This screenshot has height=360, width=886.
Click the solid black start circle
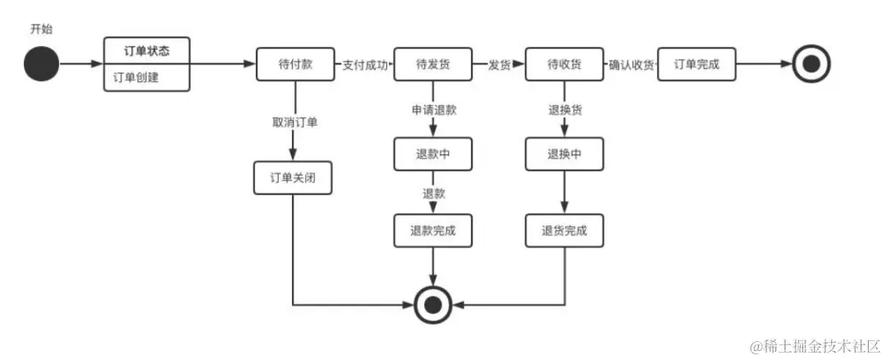(x=41, y=65)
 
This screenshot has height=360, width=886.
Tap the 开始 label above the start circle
(x=41, y=29)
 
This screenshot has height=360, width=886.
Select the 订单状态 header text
(x=148, y=51)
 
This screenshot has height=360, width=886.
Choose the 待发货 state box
(x=433, y=65)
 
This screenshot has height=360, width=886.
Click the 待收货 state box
(x=564, y=65)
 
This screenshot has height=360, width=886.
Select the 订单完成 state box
(x=696, y=65)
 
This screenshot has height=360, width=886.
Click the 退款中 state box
(x=433, y=153)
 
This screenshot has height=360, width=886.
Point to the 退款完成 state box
(x=433, y=230)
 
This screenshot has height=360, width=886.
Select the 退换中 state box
(x=564, y=153)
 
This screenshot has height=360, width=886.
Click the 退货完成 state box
(x=564, y=230)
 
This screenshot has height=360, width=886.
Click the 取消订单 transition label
(x=295, y=122)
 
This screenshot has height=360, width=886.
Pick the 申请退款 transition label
(x=434, y=110)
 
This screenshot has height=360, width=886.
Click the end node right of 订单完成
(x=811, y=65)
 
